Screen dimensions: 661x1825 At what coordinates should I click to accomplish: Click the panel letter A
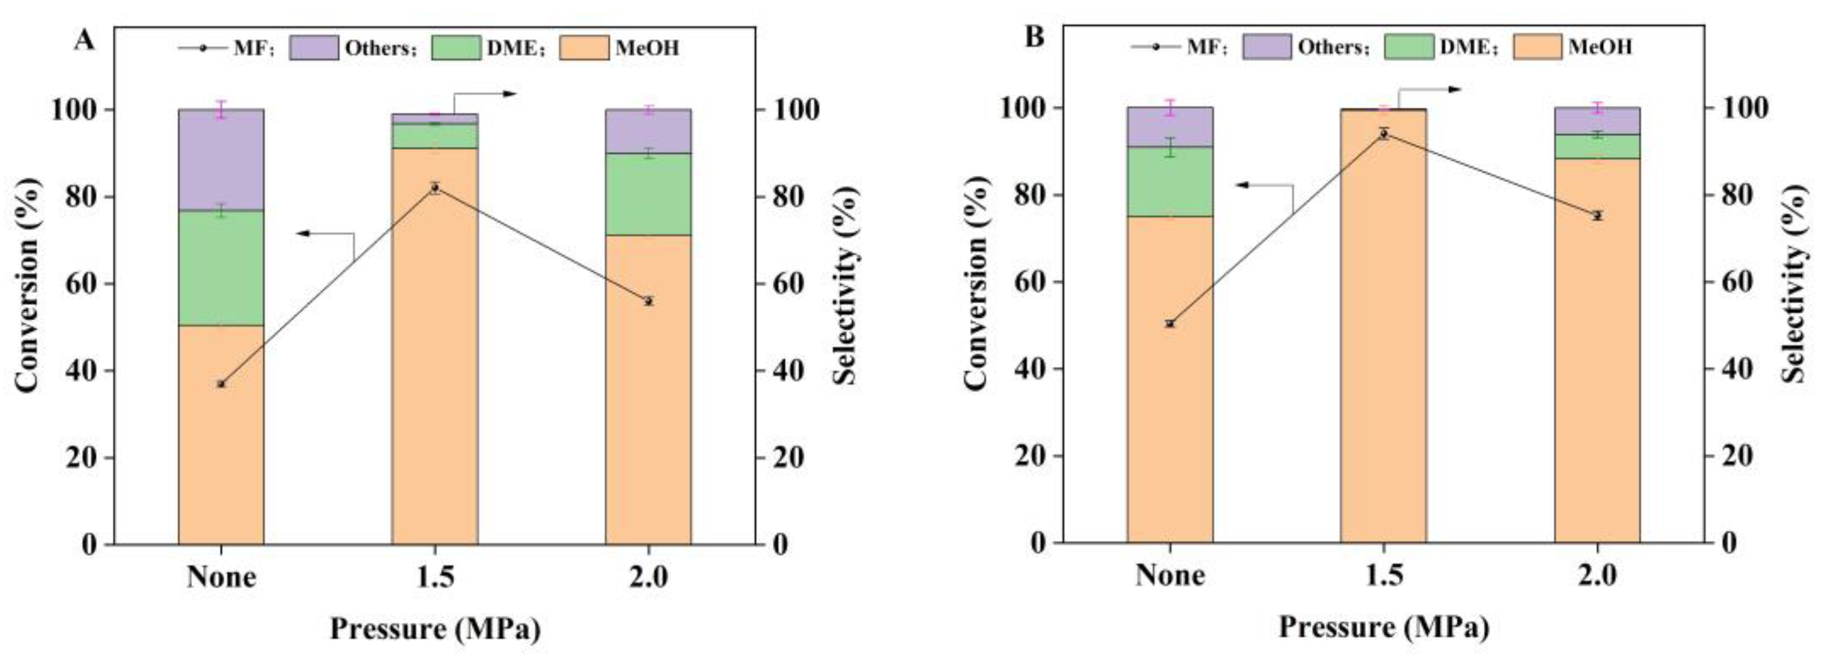click(84, 40)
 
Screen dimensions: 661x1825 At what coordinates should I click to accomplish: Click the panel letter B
click(1035, 36)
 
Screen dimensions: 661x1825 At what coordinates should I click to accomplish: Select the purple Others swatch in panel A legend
click(313, 48)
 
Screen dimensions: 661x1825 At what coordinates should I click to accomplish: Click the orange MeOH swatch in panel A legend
click(584, 48)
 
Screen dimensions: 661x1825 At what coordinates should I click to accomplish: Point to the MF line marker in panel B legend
click(1155, 46)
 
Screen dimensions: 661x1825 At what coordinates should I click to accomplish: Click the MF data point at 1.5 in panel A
click(435, 188)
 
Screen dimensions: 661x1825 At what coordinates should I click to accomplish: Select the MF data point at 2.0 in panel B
click(1597, 215)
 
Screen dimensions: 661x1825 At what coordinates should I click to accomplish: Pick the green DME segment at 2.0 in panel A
click(648, 193)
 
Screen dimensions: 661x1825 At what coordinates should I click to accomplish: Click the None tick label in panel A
click(221, 578)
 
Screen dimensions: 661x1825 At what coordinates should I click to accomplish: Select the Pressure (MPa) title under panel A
click(435, 629)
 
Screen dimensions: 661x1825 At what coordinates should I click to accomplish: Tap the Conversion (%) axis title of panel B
click(976, 283)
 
